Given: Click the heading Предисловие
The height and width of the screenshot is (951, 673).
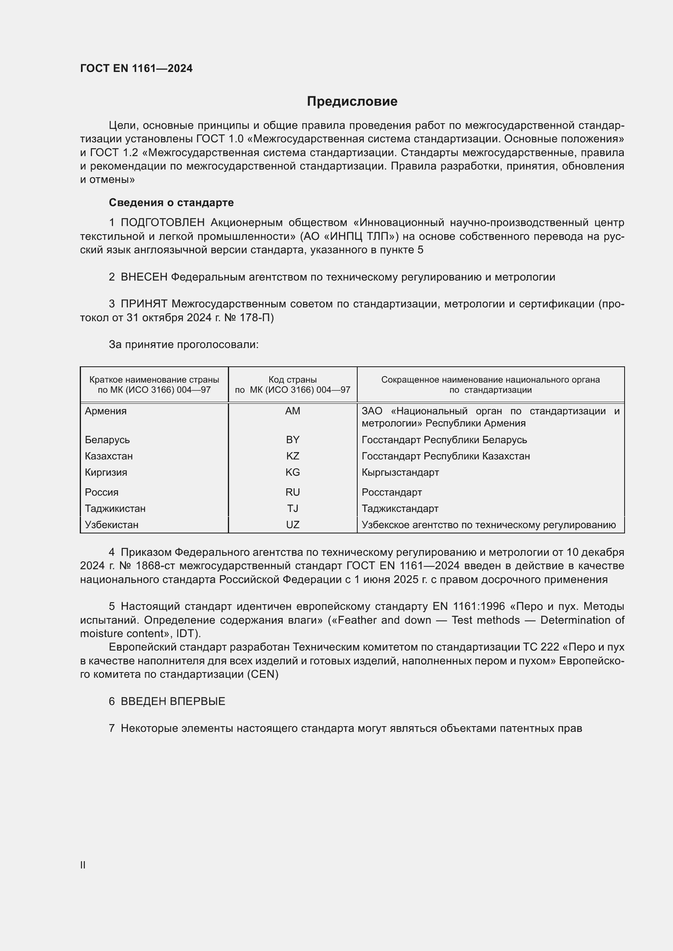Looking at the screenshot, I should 352,102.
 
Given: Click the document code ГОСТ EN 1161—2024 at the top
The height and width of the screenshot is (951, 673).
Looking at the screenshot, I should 136,68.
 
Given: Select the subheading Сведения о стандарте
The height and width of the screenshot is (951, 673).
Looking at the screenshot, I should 171,202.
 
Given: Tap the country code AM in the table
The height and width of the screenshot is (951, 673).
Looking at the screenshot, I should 293,411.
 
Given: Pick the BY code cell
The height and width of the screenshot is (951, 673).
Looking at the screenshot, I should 293,440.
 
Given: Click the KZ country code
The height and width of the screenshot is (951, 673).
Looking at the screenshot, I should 293,456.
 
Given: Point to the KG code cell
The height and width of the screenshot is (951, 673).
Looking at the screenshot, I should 293,472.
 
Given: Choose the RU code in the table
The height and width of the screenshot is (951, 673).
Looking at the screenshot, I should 293,492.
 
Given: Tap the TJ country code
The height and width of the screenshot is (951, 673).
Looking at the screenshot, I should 293,508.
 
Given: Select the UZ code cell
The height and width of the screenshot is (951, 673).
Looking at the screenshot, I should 293,525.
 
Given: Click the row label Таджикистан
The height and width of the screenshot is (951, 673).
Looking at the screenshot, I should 115,508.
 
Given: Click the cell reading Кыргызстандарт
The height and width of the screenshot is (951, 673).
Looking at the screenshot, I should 400,472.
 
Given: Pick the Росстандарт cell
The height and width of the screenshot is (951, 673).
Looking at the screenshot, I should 391,492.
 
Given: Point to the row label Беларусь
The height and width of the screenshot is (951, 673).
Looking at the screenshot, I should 107,440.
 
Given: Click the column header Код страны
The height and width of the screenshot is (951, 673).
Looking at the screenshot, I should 293,379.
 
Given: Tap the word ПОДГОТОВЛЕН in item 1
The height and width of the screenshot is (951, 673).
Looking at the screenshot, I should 162,223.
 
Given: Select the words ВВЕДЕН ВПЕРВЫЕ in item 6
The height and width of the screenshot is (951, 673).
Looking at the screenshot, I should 173,701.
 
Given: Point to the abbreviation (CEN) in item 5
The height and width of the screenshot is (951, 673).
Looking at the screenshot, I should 263,674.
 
